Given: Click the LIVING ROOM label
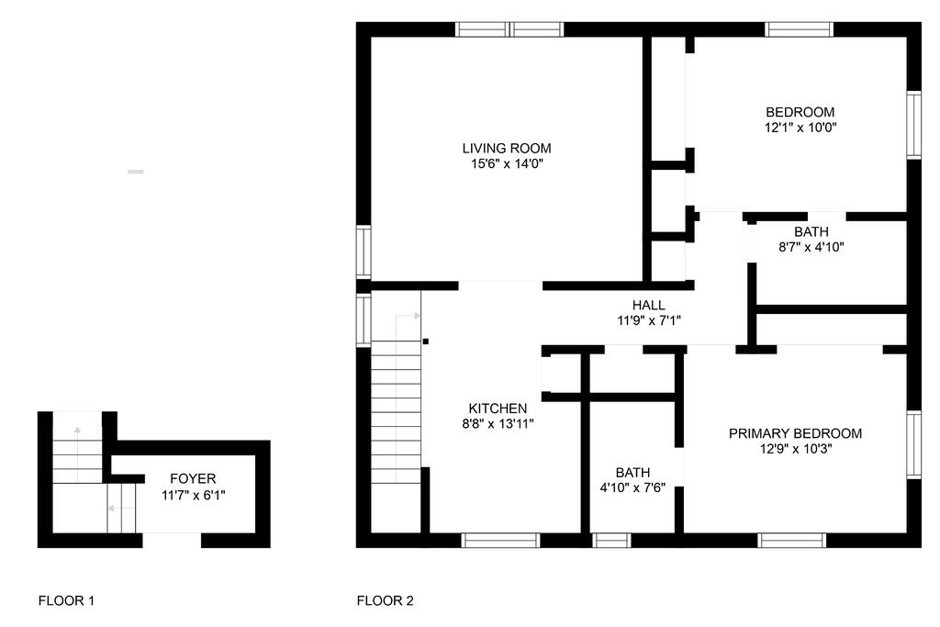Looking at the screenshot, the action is (x=507, y=148).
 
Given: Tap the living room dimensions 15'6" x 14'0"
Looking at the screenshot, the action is (x=507, y=163).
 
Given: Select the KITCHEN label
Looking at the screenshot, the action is (x=498, y=409).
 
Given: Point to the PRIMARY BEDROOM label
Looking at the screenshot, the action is (x=795, y=433).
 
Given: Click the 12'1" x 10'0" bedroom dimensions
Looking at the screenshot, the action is (x=800, y=128).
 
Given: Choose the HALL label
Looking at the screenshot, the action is (x=649, y=305).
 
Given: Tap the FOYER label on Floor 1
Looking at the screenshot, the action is (x=193, y=478).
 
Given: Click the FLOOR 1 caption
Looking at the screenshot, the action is (x=66, y=600).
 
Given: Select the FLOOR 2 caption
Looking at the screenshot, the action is (x=385, y=600).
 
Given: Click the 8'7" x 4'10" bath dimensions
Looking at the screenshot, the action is (x=811, y=247).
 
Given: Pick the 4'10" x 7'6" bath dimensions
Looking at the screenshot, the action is (x=632, y=488).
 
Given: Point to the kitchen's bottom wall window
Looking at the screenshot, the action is (x=500, y=540).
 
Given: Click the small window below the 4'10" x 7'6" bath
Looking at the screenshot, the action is (x=611, y=540).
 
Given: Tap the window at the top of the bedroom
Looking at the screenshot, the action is (x=800, y=29).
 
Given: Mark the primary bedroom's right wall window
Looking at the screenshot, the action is (x=913, y=444).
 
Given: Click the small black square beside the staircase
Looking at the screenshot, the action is (x=426, y=341).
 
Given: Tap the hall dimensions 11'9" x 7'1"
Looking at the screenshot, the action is (x=649, y=320).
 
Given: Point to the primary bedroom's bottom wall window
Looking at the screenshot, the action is (x=792, y=540).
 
